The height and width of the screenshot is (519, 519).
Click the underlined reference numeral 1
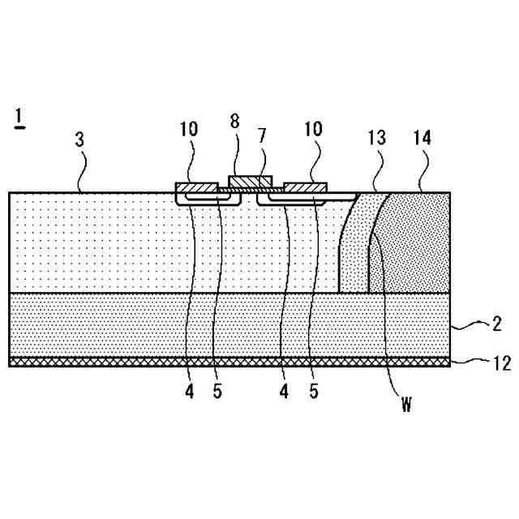coord(18,118)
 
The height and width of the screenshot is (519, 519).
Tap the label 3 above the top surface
coord(79,139)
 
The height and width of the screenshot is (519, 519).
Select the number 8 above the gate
coord(234,122)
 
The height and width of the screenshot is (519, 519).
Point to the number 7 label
coord(262,135)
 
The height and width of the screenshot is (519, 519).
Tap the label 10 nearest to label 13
coord(312,129)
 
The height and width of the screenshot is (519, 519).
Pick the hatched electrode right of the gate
coord(306,188)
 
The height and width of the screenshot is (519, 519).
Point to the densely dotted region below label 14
coord(414,251)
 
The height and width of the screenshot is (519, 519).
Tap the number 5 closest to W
coord(314,391)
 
